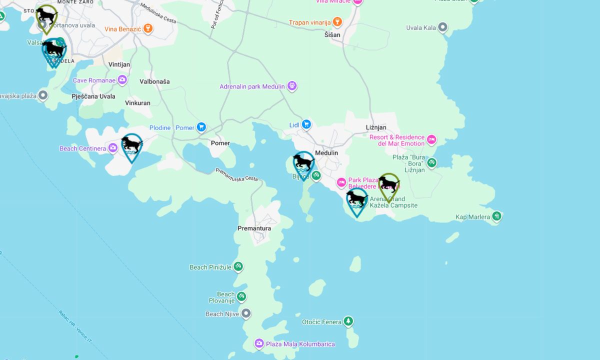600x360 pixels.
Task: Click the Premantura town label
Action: pos(254,228)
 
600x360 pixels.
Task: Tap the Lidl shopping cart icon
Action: pos(306,124)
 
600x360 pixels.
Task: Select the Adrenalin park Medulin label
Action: pos(252,86)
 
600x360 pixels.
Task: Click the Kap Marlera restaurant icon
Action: pos(496,216)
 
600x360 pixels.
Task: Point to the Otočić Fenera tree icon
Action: pos(348,321)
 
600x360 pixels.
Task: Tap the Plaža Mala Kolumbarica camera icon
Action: pos(259,343)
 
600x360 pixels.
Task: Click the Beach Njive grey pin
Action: pos(245,314)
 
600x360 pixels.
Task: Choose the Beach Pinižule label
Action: pos(210,267)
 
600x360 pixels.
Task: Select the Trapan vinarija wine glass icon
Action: pos(337,22)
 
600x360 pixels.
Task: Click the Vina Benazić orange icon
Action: pos(147,28)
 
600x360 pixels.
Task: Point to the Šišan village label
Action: pos(332,35)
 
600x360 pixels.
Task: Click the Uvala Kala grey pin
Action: pos(442,27)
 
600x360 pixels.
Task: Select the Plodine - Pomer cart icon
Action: pos(201,127)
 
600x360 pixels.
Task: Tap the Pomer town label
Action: pos(220,143)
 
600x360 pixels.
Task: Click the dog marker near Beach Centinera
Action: pos(131,146)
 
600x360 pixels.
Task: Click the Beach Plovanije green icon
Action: pos(241,296)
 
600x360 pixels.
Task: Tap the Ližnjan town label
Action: pos(376,127)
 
